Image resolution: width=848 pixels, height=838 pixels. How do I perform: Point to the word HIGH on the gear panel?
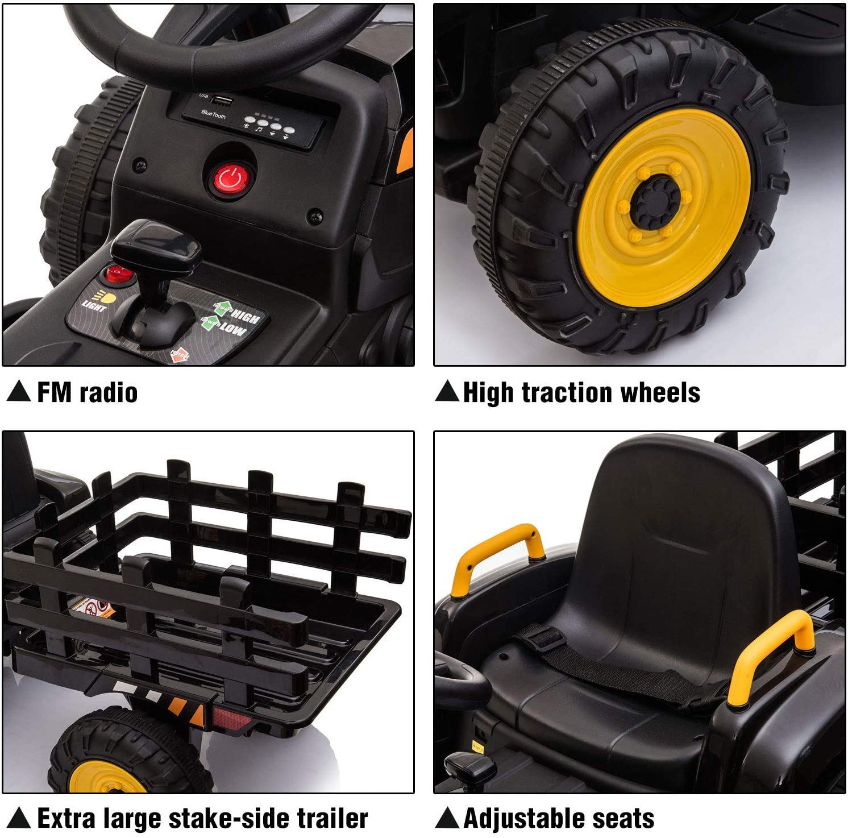(x=246, y=317)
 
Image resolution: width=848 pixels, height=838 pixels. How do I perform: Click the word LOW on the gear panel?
(x=233, y=330)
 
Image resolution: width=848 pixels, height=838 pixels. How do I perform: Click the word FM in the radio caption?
(x=54, y=393)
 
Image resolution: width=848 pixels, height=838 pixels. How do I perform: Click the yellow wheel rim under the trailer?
(x=108, y=779)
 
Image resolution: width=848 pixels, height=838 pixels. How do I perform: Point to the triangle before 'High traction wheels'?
(x=447, y=392)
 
